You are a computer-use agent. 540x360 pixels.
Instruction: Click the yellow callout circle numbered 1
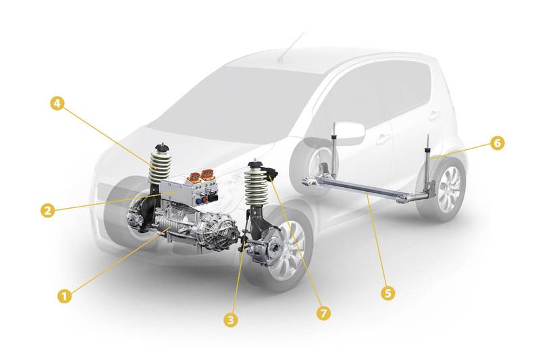[64, 296]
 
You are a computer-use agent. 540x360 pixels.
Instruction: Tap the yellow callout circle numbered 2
[48, 210]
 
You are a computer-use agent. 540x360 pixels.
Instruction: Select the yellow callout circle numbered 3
[230, 319]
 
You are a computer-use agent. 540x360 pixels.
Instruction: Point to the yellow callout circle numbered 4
[57, 103]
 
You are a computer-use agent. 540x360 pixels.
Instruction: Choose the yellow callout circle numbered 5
[388, 293]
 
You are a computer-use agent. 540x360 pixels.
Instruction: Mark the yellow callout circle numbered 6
[497, 143]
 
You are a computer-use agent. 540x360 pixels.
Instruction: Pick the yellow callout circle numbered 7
[323, 313]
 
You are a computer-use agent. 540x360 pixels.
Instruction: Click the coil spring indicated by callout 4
[160, 167]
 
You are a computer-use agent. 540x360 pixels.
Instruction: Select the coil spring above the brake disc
[256, 186]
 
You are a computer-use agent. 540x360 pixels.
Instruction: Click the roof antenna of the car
[292, 47]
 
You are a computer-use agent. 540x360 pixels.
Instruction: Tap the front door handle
[382, 140]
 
